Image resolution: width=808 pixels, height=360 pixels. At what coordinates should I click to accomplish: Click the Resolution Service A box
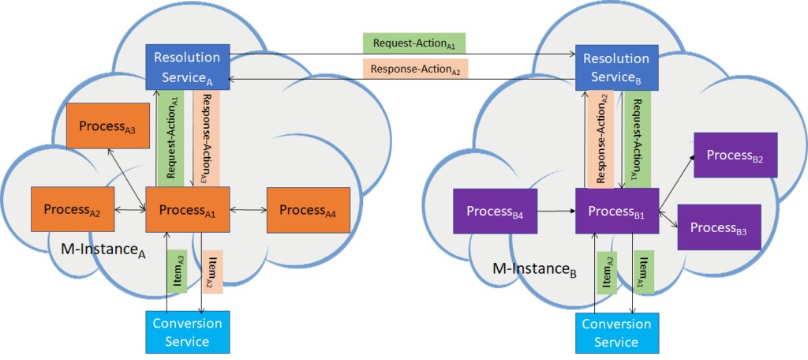pos(188,66)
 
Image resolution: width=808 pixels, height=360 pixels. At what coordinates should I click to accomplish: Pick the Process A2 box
pos(72,209)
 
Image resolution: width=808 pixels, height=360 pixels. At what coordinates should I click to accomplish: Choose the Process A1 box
pos(188,209)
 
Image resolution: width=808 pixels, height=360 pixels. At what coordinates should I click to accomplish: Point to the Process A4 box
pos(309,209)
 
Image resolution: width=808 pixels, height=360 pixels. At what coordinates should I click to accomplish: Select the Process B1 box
pos(617,211)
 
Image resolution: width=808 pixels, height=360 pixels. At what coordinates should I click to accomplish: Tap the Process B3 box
pos(719,227)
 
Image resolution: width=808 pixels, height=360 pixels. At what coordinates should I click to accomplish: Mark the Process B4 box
pos(496,212)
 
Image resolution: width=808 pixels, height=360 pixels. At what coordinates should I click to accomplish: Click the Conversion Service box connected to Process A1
pos(188,332)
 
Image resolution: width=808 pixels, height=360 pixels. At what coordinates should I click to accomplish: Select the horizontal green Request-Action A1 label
pos(413,43)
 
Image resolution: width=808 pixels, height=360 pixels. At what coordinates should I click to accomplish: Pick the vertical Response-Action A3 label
pos(206,138)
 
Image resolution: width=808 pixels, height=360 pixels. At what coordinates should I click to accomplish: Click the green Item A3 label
pos(176,272)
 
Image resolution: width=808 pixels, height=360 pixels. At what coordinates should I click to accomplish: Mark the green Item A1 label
pos(644,272)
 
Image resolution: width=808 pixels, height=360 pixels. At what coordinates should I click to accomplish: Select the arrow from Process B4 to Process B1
pos(556,211)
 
